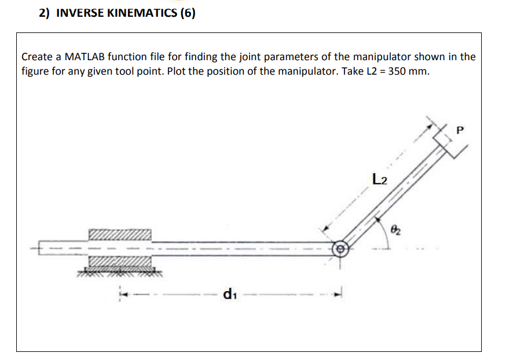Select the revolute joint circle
[340, 249]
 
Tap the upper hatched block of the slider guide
[119, 234]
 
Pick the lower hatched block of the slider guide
[119, 263]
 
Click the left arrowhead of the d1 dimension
[123, 293]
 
